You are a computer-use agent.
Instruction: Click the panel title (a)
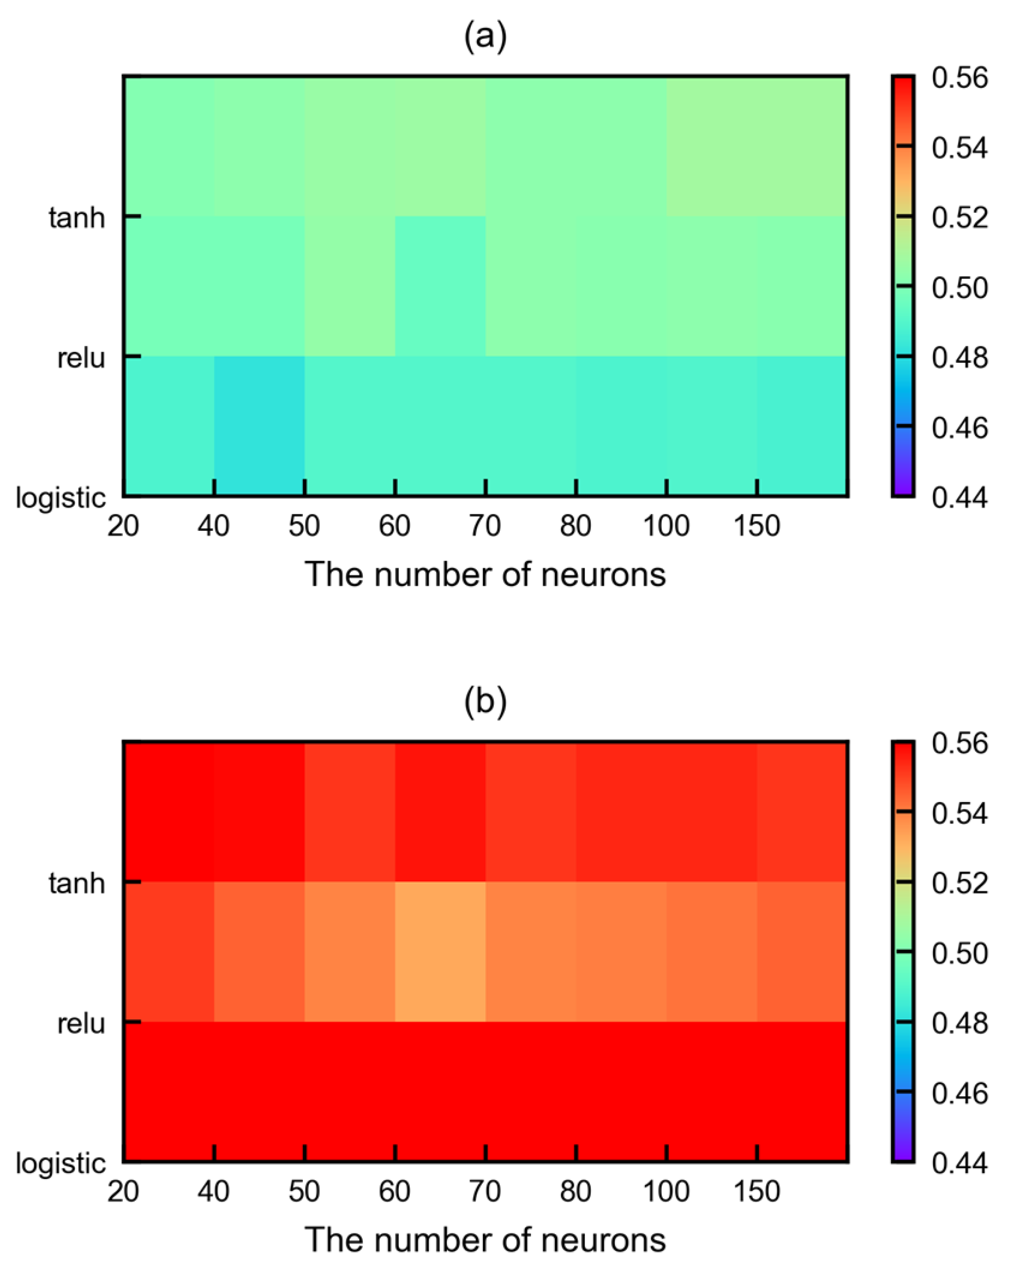tap(484, 37)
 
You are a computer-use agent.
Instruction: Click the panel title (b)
tap(484, 702)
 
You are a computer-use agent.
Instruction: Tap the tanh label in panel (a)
tap(77, 218)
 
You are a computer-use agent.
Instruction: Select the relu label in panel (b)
tap(81, 1024)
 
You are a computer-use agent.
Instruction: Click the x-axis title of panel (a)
tap(484, 575)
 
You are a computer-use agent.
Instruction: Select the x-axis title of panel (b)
tap(484, 1240)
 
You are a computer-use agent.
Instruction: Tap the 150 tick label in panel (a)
tap(756, 525)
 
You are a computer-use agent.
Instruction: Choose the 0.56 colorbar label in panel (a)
tap(959, 77)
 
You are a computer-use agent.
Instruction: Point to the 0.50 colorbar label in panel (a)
tap(959, 288)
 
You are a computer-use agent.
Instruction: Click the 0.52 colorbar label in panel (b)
tap(959, 883)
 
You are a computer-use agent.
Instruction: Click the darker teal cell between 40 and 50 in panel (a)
tap(259, 426)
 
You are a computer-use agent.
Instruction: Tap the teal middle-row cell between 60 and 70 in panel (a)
tap(440, 286)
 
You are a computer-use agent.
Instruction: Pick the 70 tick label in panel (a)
tap(484, 525)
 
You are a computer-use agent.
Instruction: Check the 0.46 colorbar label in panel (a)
tap(959, 427)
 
